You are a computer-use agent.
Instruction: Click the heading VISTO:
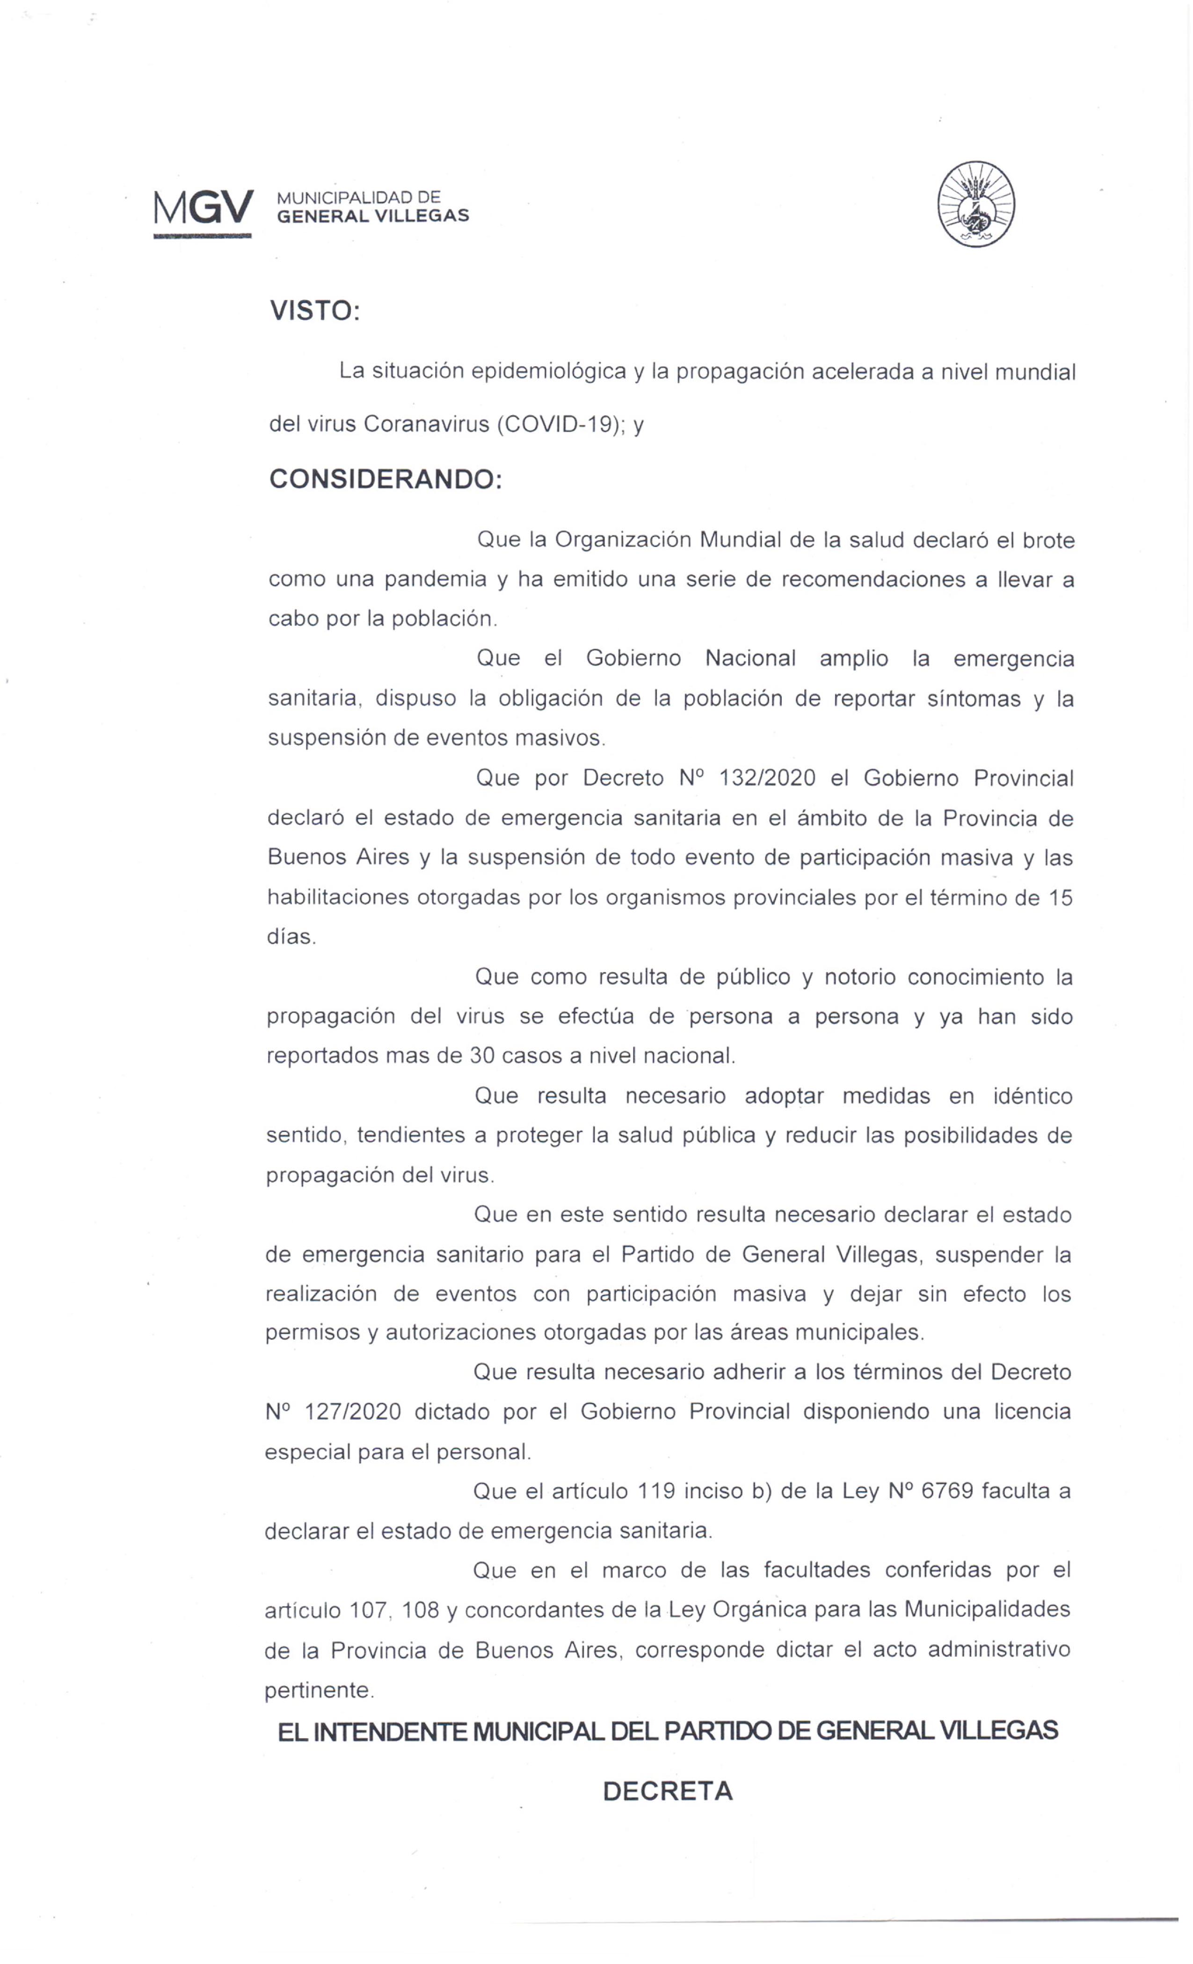[315, 311]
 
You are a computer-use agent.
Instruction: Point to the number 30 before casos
[482, 1056]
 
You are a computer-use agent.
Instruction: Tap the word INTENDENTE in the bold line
[389, 1731]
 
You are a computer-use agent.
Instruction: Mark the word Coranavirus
[426, 424]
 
